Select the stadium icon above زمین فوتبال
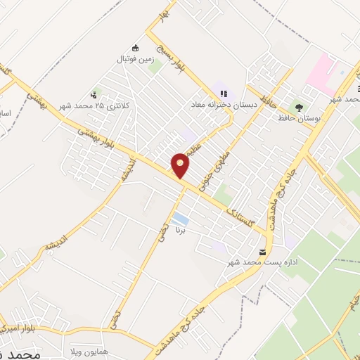(135, 48)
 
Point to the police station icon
(94, 95)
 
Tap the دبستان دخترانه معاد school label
(219, 104)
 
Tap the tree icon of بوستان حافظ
(300, 107)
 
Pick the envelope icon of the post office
(263, 252)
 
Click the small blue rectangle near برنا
(180, 219)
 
